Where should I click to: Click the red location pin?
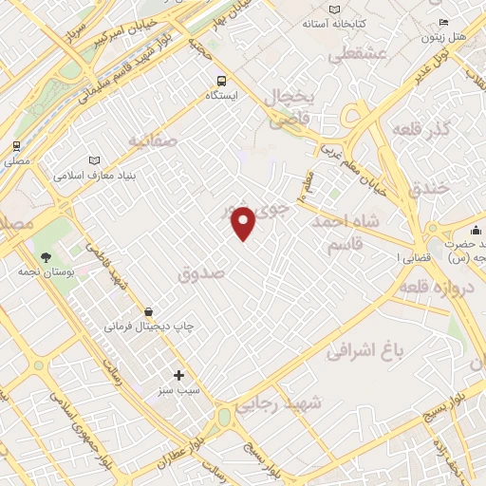(244, 223)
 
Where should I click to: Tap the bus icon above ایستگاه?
(221, 81)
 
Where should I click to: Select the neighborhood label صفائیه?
(154, 142)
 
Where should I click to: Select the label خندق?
(427, 189)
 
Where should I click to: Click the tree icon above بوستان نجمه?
(45, 256)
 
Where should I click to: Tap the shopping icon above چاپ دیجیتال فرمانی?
(148, 311)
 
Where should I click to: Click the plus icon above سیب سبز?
(178, 375)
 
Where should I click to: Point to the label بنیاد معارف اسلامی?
(95, 177)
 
